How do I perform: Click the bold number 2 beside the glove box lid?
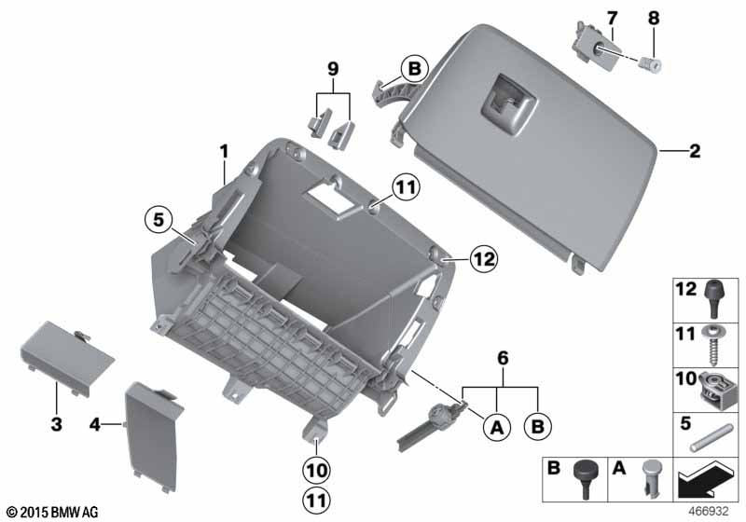coord(695,151)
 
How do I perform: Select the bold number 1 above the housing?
coord(224,152)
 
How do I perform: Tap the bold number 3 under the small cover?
coord(57,424)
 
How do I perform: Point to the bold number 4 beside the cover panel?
coord(95,424)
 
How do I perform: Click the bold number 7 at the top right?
coord(612,18)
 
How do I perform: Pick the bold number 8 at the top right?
coord(655,18)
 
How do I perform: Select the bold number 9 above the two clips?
coord(333,69)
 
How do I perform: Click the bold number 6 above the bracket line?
coord(503,358)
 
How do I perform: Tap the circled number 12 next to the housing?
coord(483,259)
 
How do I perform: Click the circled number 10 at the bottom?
coord(317,471)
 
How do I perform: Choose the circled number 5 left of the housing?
coord(159,220)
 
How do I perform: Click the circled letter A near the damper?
coord(497,427)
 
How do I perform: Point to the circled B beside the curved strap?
coord(414,68)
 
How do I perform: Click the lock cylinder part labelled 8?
coord(650,63)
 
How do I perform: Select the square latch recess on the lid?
coord(508,105)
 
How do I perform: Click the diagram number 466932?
coord(709,512)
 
